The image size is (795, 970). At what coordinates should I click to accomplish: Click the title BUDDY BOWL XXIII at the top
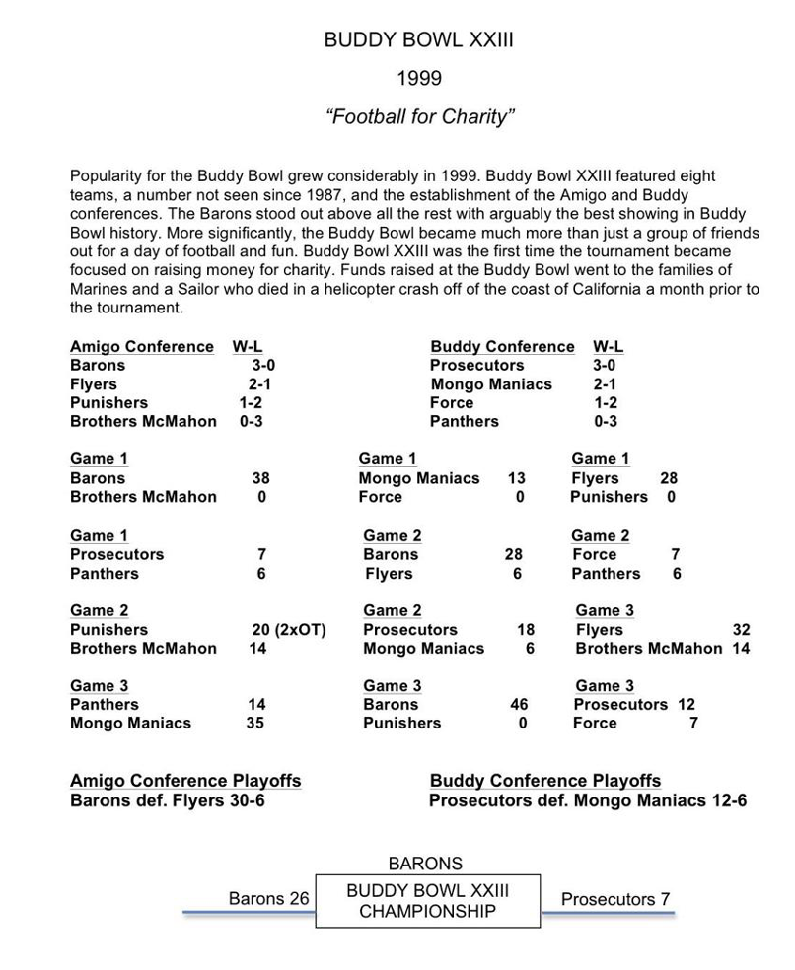pyautogui.click(x=418, y=41)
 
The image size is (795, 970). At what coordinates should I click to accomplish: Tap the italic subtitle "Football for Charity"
pyautogui.click(x=420, y=117)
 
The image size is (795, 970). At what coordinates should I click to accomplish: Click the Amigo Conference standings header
pyautogui.click(x=141, y=347)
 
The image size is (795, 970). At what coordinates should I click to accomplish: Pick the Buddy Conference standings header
pyautogui.click(x=502, y=347)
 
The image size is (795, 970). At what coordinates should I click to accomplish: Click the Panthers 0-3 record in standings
pyautogui.click(x=606, y=422)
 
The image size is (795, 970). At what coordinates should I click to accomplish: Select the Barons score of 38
pyautogui.click(x=261, y=479)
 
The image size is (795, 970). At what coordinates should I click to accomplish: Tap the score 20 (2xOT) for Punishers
pyautogui.click(x=289, y=630)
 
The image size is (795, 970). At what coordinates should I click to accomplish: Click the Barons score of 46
pyautogui.click(x=518, y=705)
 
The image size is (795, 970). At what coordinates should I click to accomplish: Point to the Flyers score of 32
pyautogui.click(x=741, y=630)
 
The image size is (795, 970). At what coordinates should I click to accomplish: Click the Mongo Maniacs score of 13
pyautogui.click(x=516, y=479)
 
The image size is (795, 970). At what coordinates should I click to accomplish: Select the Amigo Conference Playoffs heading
pyautogui.click(x=185, y=781)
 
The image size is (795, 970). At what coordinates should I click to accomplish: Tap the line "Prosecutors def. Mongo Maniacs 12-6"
pyautogui.click(x=587, y=800)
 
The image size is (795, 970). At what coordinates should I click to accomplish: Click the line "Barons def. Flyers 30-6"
pyautogui.click(x=168, y=800)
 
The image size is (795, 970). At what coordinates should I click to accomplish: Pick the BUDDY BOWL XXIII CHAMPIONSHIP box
pyautogui.click(x=427, y=901)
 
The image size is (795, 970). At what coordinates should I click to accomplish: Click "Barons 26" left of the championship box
pyautogui.click(x=268, y=899)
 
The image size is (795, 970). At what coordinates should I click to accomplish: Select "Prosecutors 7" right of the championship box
pyautogui.click(x=614, y=899)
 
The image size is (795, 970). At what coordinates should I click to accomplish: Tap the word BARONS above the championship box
pyautogui.click(x=425, y=864)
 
